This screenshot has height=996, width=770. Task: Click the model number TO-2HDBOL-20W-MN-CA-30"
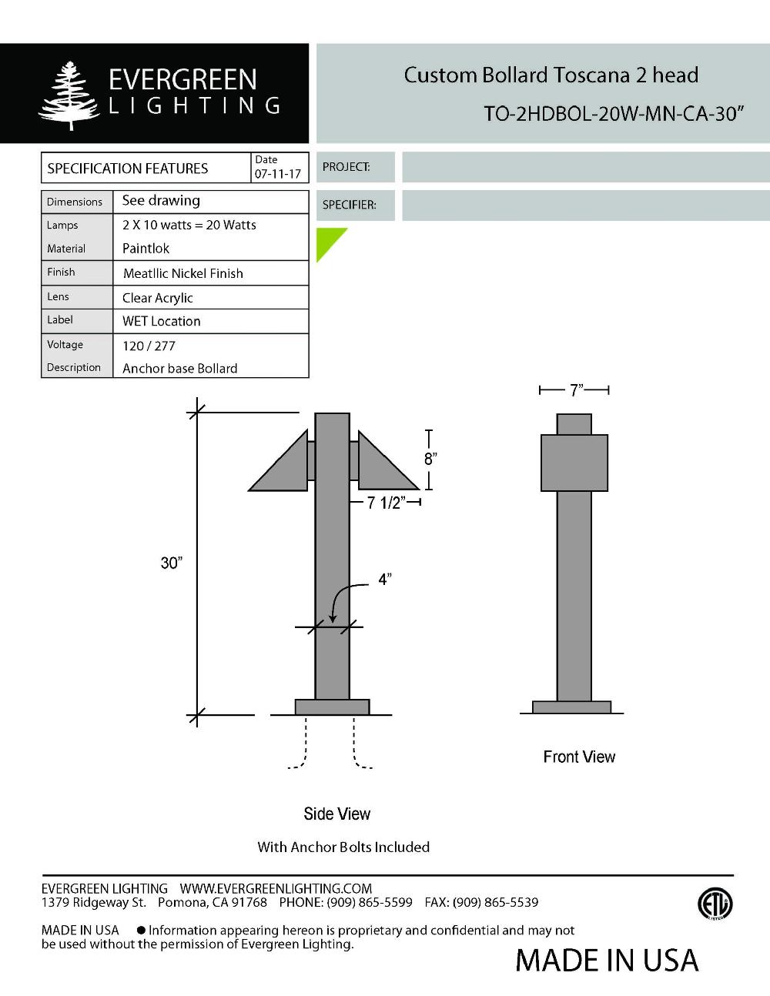point(614,114)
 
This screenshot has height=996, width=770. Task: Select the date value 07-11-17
point(277,175)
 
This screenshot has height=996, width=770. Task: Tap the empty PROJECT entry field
point(585,167)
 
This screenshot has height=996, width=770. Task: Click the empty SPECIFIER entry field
point(585,206)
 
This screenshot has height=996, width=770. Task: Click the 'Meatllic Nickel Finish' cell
point(183,273)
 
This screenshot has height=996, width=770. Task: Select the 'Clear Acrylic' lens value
point(158,298)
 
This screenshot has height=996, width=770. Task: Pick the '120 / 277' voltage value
point(149,346)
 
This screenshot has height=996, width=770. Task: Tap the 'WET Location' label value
point(162,321)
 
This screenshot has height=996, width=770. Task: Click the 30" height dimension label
point(171,563)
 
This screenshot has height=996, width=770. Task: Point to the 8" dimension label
point(430,459)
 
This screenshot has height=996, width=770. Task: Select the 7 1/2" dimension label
point(385,503)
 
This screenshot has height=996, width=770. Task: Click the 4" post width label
point(384,580)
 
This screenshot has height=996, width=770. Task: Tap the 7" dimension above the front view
point(576,390)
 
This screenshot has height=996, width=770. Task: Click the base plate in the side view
point(332,707)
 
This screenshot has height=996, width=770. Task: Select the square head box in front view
point(574,463)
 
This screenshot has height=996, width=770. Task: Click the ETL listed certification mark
point(715,904)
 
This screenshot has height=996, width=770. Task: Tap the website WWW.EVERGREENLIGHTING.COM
point(276,888)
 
